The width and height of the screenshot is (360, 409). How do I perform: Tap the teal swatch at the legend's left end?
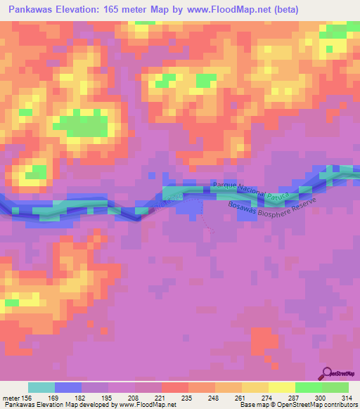click(x=41, y=387)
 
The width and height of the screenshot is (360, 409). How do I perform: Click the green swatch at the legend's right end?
click(x=335, y=387)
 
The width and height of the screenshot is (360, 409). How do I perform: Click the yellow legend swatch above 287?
click(x=282, y=387)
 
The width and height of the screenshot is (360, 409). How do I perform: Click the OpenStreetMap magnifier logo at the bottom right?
click(x=326, y=375)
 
